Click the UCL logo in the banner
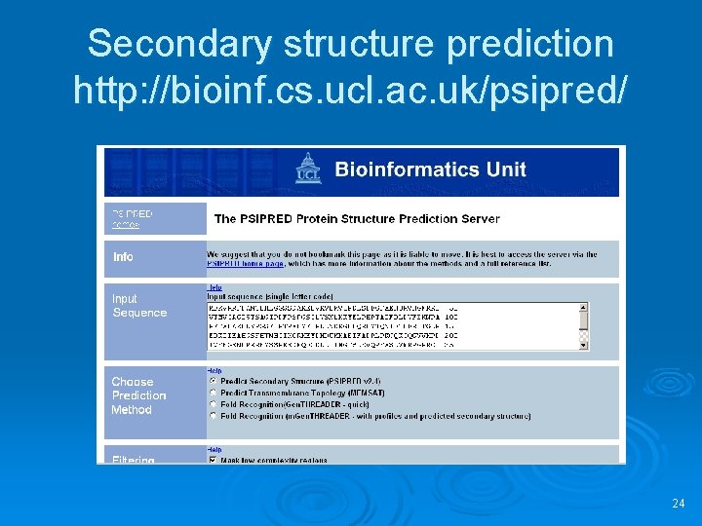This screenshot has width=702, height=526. (310, 169)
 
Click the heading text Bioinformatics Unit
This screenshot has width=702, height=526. (430, 169)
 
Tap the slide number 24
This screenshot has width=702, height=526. (679, 504)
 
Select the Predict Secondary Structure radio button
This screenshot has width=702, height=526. (214, 381)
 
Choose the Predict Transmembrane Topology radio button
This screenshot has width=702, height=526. (214, 393)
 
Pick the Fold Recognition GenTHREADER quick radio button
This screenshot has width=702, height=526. (214, 404)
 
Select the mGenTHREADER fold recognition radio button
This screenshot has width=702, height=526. (214, 416)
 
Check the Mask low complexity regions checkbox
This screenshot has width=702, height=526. (214, 460)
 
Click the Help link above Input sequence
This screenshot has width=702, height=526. (214, 287)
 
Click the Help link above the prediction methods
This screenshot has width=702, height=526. (214, 371)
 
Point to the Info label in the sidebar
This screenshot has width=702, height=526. (123, 257)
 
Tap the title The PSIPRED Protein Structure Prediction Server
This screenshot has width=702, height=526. (357, 219)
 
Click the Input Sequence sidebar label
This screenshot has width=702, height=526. (139, 306)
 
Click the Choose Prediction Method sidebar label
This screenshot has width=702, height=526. (138, 395)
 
